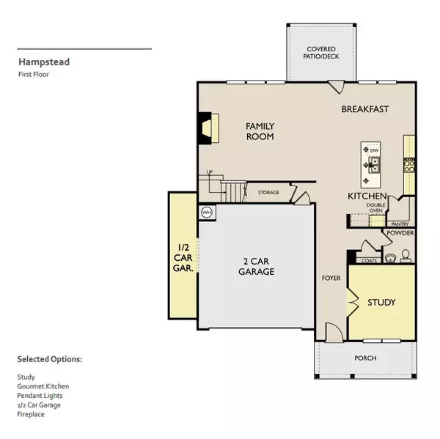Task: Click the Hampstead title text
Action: [45, 62]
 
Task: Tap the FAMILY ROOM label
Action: [260, 131]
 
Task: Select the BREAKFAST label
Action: [364, 109]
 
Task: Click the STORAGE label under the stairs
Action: [268, 193]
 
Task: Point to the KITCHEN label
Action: [367, 196]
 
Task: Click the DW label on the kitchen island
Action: [374, 151]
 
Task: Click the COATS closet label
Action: [370, 259]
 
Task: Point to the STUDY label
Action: [381, 302]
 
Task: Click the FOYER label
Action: [331, 278]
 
